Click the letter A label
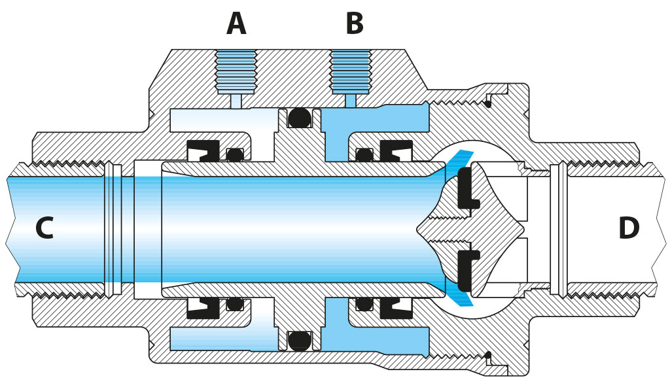coord(236,24)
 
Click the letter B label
coord(354,24)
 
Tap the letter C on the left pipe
coord(44,228)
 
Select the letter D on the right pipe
coord(628,228)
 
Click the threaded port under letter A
coord(236,71)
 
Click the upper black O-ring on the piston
coord(299,118)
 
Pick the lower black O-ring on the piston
coord(299,339)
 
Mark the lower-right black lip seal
coord(395,306)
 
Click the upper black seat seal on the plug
coord(465,190)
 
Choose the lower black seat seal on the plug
coord(465,268)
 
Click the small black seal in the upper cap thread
coord(488,102)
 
